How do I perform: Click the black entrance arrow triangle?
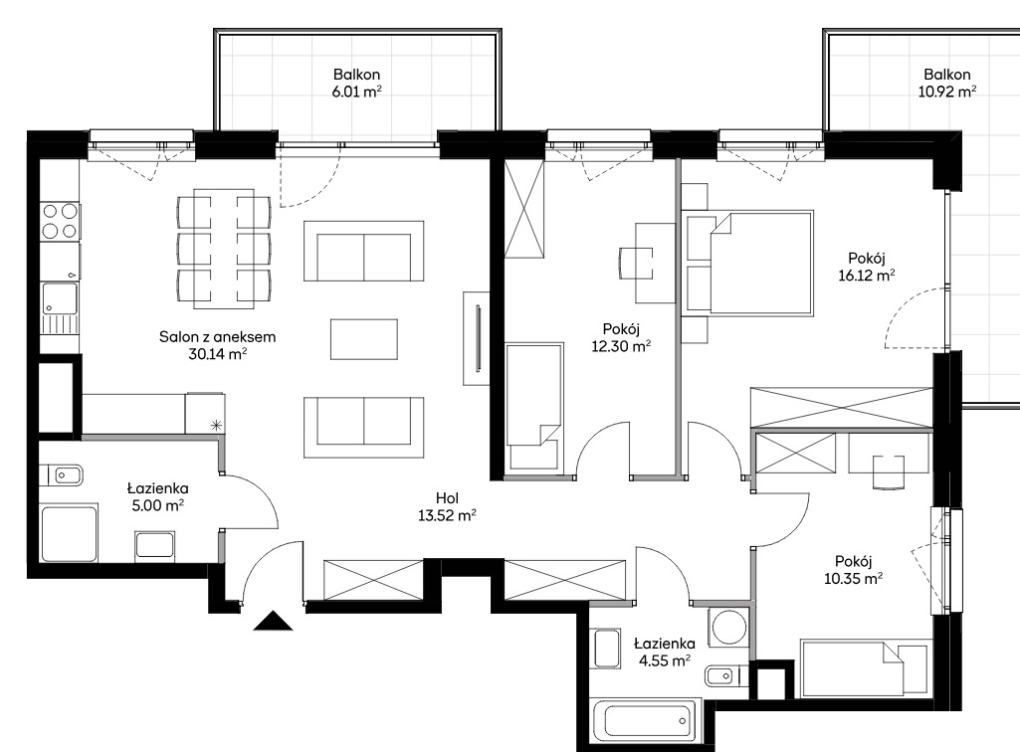[274, 622]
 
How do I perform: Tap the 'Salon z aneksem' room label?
[217, 337]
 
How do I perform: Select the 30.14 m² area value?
[217, 354]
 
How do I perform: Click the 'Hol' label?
[447, 498]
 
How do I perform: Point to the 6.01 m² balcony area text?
[356, 92]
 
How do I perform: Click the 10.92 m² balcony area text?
[947, 92]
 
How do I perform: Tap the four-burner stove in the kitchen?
[61, 221]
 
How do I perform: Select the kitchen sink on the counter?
[59, 307]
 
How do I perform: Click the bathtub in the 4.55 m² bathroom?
[645, 720]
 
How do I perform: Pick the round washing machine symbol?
[729, 627]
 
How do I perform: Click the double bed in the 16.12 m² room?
[747, 264]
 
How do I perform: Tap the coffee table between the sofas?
[363, 339]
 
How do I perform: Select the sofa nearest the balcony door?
[363, 251]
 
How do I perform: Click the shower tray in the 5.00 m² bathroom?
[69, 532]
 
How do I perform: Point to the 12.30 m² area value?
[621, 346]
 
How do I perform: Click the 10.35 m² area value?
[854, 578]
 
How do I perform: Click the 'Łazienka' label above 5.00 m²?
[157, 487]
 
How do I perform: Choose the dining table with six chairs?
[224, 248]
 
